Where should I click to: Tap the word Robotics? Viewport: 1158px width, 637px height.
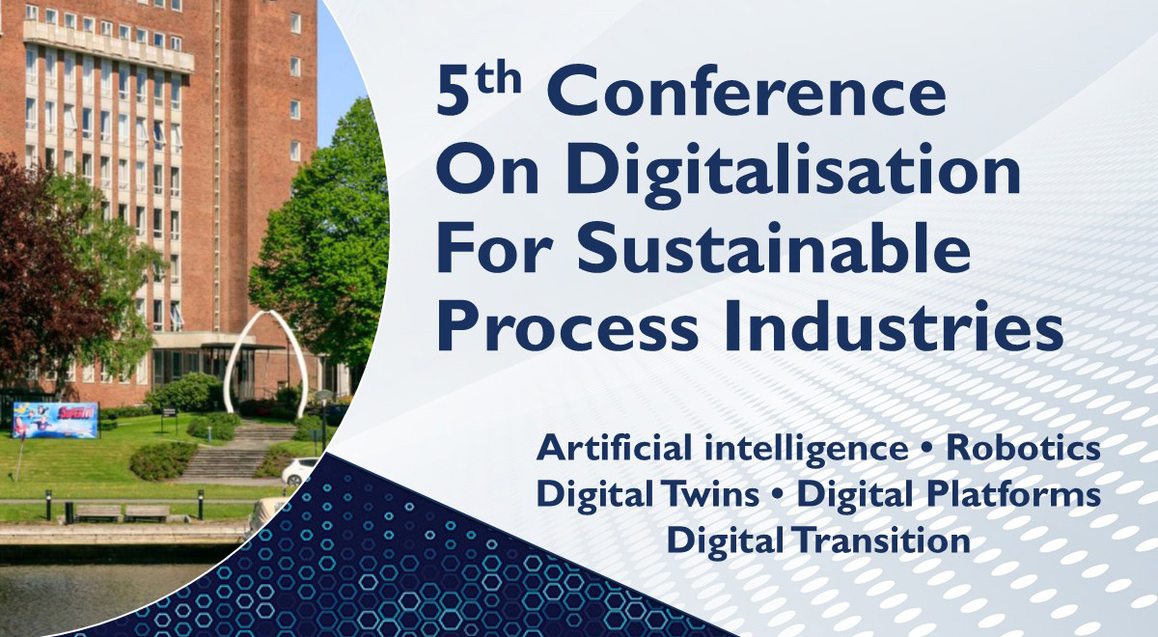(x=1023, y=450)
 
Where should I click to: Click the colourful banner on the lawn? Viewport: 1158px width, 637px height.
(x=55, y=421)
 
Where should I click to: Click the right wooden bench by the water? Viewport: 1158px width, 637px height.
(x=147, y=512)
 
